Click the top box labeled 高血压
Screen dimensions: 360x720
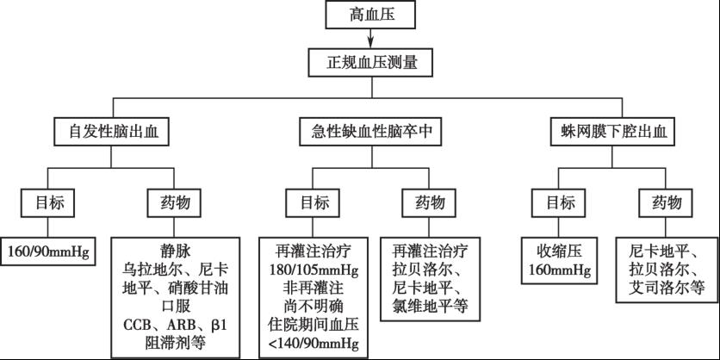(371, 14)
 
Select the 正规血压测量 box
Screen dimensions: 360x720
(371, 61)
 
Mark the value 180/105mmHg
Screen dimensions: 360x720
(314, 270)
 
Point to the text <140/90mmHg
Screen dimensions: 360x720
(314, 345)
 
